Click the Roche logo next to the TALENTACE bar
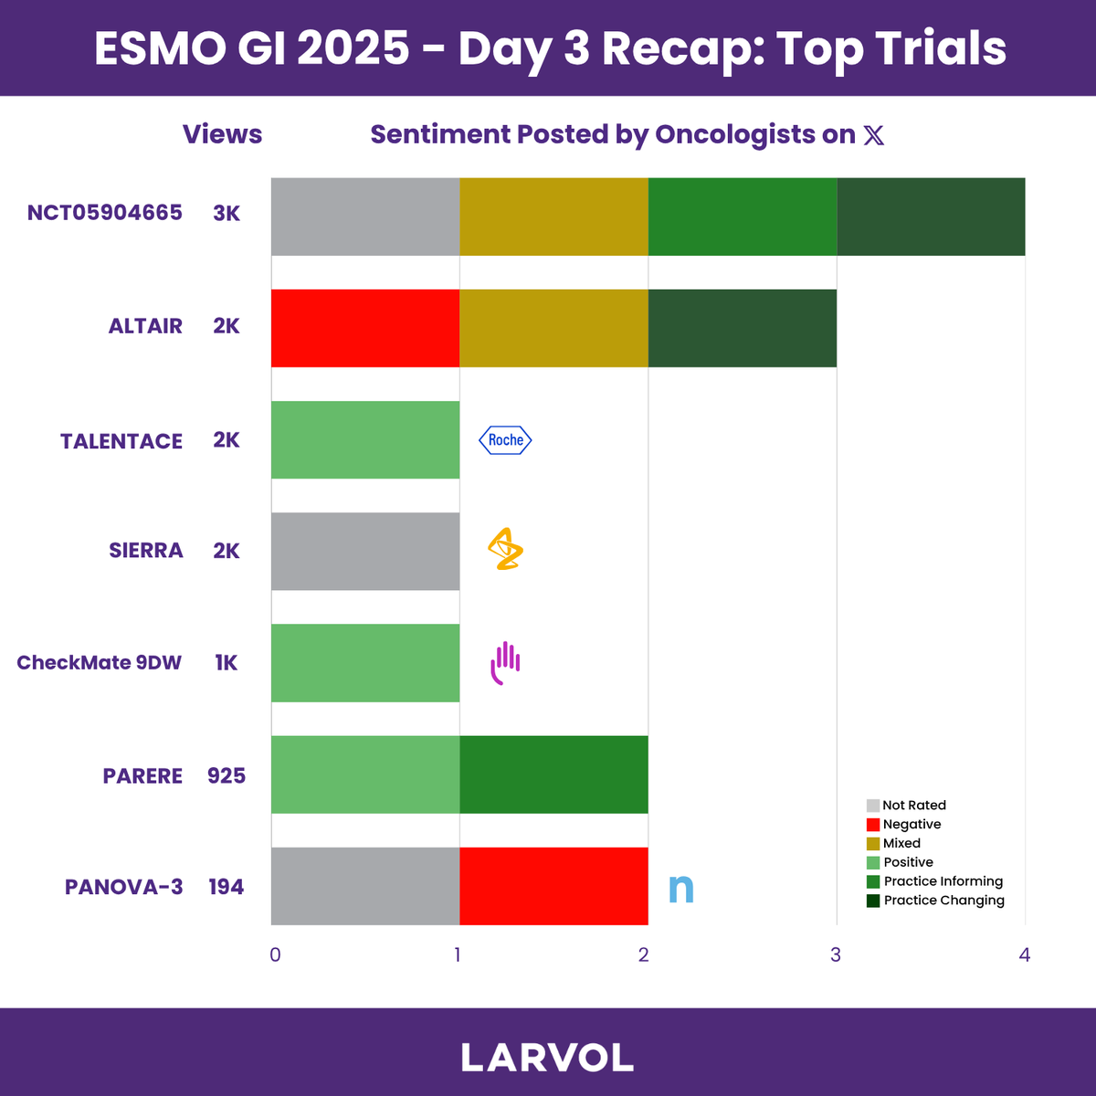coord(505,439)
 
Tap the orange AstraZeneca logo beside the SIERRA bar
coord(505,549)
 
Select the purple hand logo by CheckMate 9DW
coord(505,662)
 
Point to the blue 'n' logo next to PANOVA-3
coord(680,888)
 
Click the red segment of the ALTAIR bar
coord(365,328)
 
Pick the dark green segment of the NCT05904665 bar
coord(931,216)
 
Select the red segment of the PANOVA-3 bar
coord(553,886)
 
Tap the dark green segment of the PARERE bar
coord(553,775)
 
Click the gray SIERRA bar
coord(365,551)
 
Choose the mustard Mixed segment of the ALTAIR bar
coord(553,328)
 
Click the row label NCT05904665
coord(105,213)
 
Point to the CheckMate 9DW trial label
coord(99,662)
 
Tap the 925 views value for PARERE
coord(227,775)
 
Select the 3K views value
coord(227,214)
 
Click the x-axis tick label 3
coord(836,955)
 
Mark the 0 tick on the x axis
coord(275,955)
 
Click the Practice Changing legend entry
coord(935,901)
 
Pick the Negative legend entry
coord(904,824)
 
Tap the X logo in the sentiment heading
coord(874,135)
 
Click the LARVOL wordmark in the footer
coord(547,1058)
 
